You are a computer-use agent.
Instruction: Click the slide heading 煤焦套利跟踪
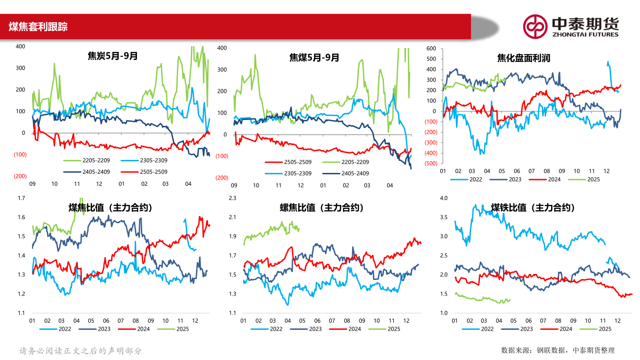pos(38,27)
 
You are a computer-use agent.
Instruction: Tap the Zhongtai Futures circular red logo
pos(535,27)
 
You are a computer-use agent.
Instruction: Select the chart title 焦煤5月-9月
pos(314,57)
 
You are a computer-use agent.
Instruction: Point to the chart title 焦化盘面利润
pos(523,58)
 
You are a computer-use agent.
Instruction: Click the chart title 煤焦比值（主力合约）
pos(110,208)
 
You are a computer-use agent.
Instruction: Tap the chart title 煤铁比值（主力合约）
pos(532,208)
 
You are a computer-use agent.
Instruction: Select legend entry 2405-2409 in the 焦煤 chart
pos(355,173)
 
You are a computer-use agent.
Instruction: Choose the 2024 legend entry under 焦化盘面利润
pos(554,180)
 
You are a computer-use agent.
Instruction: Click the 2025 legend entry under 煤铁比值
pos(605,329)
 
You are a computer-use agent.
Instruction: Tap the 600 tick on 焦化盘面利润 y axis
pos(432,48)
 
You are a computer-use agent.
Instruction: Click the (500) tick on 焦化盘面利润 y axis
pos(430,164)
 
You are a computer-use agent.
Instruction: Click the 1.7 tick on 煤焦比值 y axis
pos(21,198)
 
